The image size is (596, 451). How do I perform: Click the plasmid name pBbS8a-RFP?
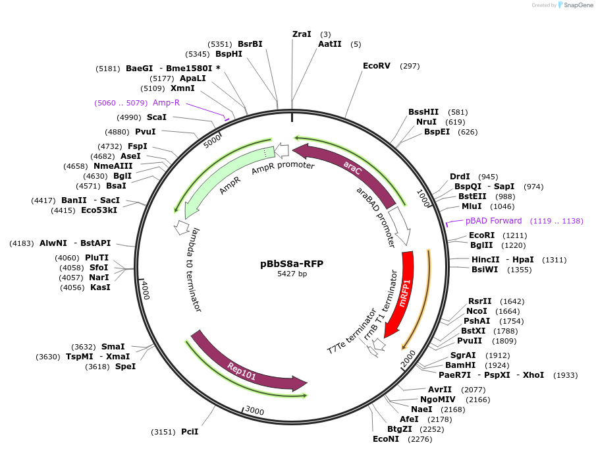[x=292, y=264]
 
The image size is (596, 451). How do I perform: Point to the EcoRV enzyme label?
[x=377, y=66]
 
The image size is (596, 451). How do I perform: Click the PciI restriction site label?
[x=190, y=432]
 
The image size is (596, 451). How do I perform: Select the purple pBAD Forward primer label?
[x=493, y=221]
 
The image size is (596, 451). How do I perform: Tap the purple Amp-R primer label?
[x=166, y=103]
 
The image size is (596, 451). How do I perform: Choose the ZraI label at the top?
[x=302, y=34]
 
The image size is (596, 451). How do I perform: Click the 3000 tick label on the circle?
[x=254, y=411]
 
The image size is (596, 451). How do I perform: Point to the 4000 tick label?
[x=146, y=290]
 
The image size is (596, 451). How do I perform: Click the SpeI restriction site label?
[x=125, y=366]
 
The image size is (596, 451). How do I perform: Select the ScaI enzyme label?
[x=157, y=117]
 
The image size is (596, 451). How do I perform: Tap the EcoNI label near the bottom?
[x=386, y=438]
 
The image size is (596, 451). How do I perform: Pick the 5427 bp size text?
[x=292, y=274]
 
